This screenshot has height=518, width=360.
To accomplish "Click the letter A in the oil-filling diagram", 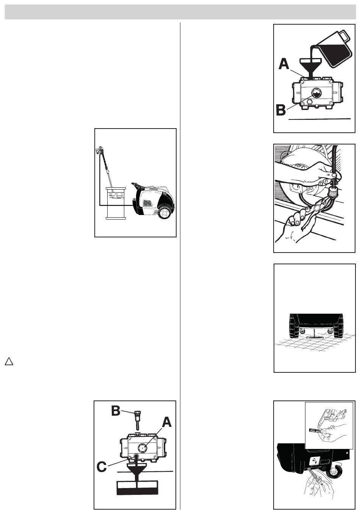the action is tap(284, 64).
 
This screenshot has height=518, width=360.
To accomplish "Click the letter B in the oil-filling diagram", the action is tap(281, 110).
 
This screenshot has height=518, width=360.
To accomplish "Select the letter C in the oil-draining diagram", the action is tap(102, 467).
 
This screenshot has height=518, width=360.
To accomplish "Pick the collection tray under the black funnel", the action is tap(137, 488).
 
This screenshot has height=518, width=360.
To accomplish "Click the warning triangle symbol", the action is tap(9, 362).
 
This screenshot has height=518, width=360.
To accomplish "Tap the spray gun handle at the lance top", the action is tap(99, 150).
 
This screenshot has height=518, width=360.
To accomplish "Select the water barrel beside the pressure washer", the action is tap(116, 203).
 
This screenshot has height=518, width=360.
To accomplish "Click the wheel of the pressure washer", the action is tap(165, 212).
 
